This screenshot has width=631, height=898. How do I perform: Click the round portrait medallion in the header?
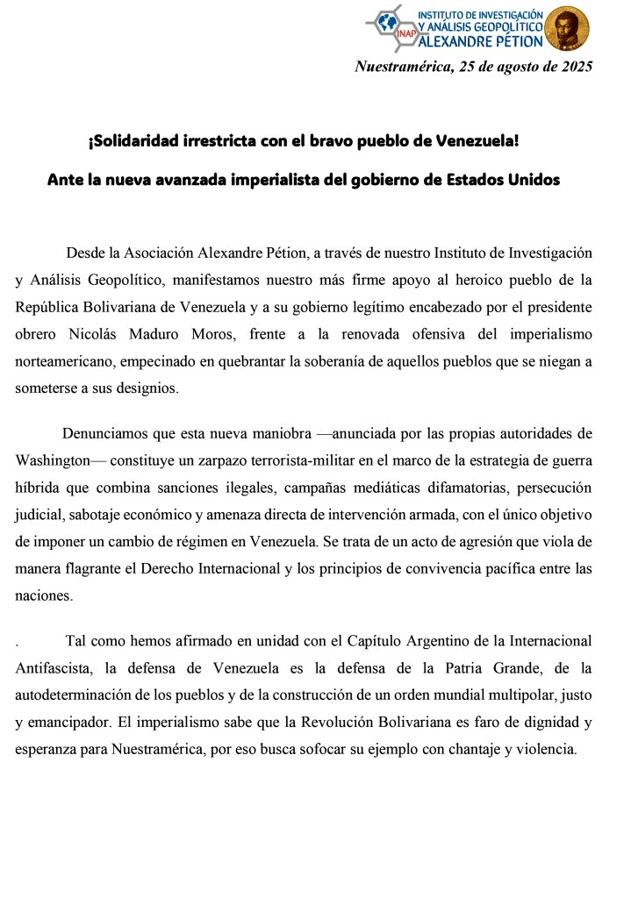pos(567,29)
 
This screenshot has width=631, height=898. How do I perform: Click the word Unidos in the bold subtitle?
pos(530,180)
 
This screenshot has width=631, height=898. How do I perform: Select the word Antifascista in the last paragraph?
pos(54,668)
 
